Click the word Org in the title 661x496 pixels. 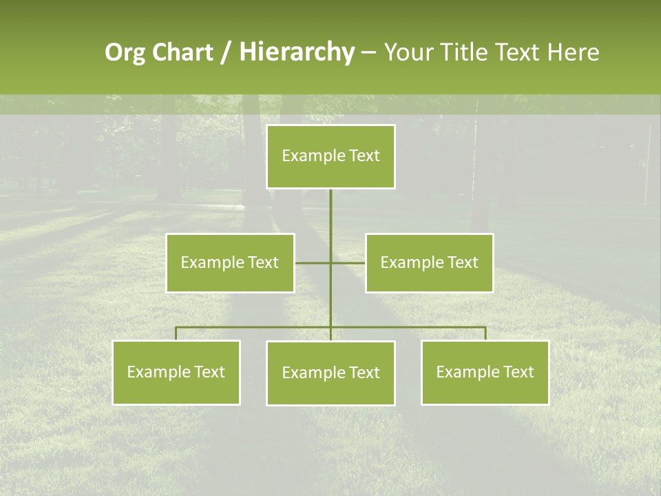coord(125,52)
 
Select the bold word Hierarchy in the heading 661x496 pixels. coord(296,52)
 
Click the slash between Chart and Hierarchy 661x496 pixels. coord(227,53)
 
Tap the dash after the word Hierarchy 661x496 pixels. coord(368,53)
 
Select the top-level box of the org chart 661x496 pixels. coord(330,156)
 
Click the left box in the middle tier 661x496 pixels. coord(230,262)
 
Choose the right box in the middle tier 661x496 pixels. coord(429,262)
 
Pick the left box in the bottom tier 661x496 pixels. coord(176,372)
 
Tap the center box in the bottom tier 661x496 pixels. coord(330,373)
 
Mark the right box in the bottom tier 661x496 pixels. coord(485,372)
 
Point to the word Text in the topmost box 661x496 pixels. coord(364,156)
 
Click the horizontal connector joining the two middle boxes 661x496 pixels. coord(313,262)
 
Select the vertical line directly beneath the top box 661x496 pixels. coord(330,214)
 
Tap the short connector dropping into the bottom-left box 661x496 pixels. coord(176,333)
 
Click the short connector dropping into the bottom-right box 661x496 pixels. coord(485,333)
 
